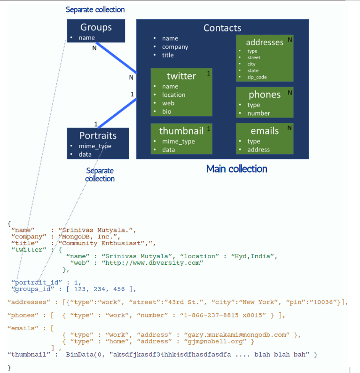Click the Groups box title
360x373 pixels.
click(x=96, y=27)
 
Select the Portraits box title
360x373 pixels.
click(x=98, y=135)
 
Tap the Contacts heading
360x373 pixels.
click(x=222, y=28)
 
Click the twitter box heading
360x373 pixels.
click(x=181, y=76)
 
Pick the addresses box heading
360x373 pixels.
click(x=265, y=42)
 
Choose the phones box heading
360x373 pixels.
click(x=265, y=95)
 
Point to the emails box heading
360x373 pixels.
click(x=265, y=131)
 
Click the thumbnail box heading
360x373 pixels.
click(x=181, y=131)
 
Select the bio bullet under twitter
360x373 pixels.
click(x=167, y=111)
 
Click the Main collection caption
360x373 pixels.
click(x=237, y=168)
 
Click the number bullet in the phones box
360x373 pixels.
click(x=258, y=113)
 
